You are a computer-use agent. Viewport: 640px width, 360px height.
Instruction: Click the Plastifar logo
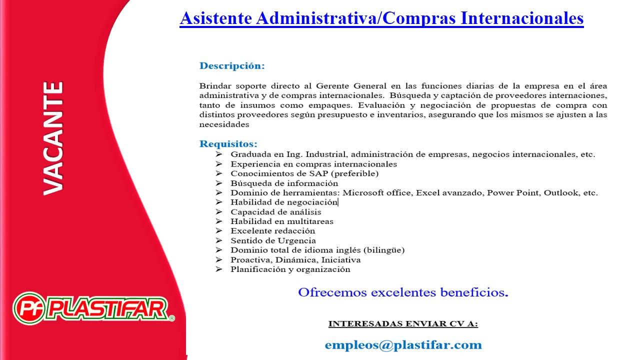pyautogui.click(x=93, y=307)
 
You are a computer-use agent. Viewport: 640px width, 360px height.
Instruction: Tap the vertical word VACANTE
pyautogui.click(x=53, y=138)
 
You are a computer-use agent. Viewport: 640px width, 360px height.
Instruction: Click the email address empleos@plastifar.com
pyautogui.click(x=403, y=345)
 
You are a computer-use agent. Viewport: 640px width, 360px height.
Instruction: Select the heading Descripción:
pyautogui.click(x=232, y=66)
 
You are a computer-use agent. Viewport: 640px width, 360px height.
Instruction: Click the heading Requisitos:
pyautogui.click(x=228, y=144)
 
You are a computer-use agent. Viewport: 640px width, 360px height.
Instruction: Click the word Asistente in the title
pyautogui.click(x=215, y=18)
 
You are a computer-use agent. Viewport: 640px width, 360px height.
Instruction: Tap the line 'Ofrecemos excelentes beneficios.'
pyautogui.click(x=403, y=292)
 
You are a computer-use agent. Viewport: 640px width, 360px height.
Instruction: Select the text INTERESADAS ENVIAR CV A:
pyautogui.click(x=403, y=324)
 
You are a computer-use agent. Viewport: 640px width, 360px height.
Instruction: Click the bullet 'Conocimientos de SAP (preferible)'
pyautogui.click(x=304, y=173)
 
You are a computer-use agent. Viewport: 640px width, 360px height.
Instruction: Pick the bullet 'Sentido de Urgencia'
pyautogui.click(x=273, y=240)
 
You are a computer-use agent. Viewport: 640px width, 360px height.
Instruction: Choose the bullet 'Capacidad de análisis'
pyautogui.click(x=275, y=212)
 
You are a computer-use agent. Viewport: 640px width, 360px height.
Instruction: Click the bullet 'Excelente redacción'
pyautogui.click(x=272, y=231)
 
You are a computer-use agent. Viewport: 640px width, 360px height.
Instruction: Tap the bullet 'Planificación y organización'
pyautogui.click(x=290, y=269)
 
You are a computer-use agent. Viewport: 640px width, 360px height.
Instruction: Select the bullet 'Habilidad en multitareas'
pyautogui.click(x=281, y=221)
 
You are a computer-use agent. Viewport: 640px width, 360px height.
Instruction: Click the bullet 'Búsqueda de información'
pyautogui.click(x=284, y=183)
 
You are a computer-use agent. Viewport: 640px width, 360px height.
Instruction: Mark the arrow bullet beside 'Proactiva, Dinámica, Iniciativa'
pyautogui.click(x=219, y=260)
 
